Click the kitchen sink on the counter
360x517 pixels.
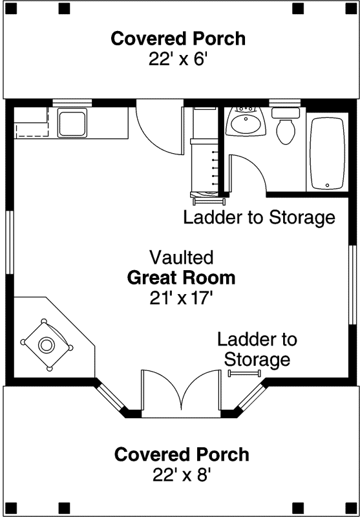[x=72, y=123]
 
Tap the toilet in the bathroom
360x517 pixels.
[x=285, y=127]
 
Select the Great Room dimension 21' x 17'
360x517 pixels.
[x=180, y=298]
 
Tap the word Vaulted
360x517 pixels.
[x=181, y=258]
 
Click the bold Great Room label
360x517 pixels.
[x=181, y=279]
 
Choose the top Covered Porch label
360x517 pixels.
[x=178, y=39]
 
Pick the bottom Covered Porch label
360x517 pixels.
[x=182, y=454]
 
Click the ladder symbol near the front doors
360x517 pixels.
[x=243, y=373]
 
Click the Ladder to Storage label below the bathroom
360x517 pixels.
[x=259, y=217]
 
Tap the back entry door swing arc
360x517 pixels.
[x=158, y=132]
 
